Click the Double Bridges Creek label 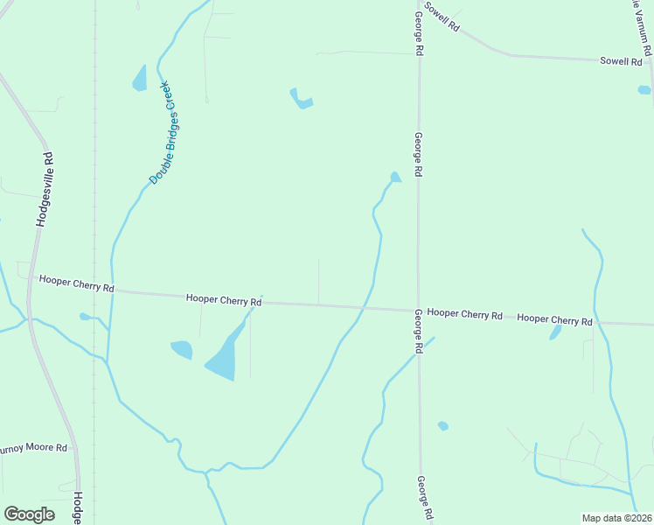[x=163, y=133]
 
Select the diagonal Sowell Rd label [x=442, y=17]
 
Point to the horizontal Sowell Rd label [x=621, y=62]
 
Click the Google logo [x=29, y=514]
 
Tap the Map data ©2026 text [x=616, y=518]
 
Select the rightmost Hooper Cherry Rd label [x=554, y=319]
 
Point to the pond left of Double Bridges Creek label [x=140, y=79]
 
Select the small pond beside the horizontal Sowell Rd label [x=644, y=89]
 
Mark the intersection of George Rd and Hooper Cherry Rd [x=418, y=310]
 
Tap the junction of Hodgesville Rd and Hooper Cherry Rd [x=29, y=281]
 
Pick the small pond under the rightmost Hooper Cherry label [x=555, y=333]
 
